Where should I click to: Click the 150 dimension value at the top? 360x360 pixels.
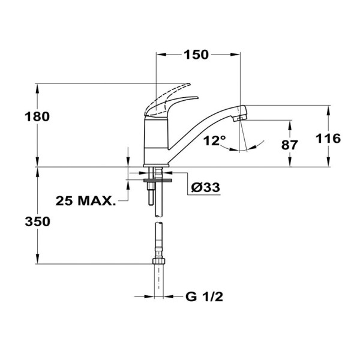(x=196, y=55)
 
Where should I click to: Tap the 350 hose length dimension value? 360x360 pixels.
(x=37, y=221)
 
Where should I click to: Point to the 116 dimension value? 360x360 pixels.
(x=328, y=139)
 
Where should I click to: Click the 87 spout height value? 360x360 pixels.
(x=291, y=145)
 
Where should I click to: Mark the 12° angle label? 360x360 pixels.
(x=214, y=140)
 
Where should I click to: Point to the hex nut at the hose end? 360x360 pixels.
(x=158, y=262)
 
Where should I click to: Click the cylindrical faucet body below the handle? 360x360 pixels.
(x=157, y=139)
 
